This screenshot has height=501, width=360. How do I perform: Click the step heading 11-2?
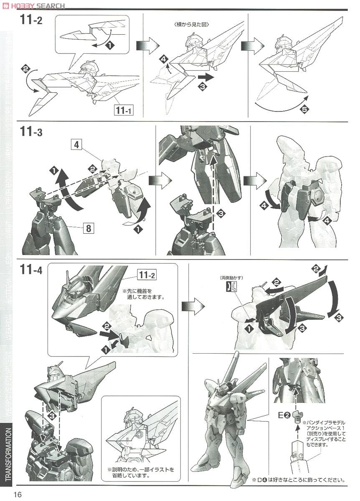point(31,20)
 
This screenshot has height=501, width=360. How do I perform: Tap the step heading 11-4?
point(31,270)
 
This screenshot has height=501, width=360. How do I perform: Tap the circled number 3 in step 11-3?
point(221,213)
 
